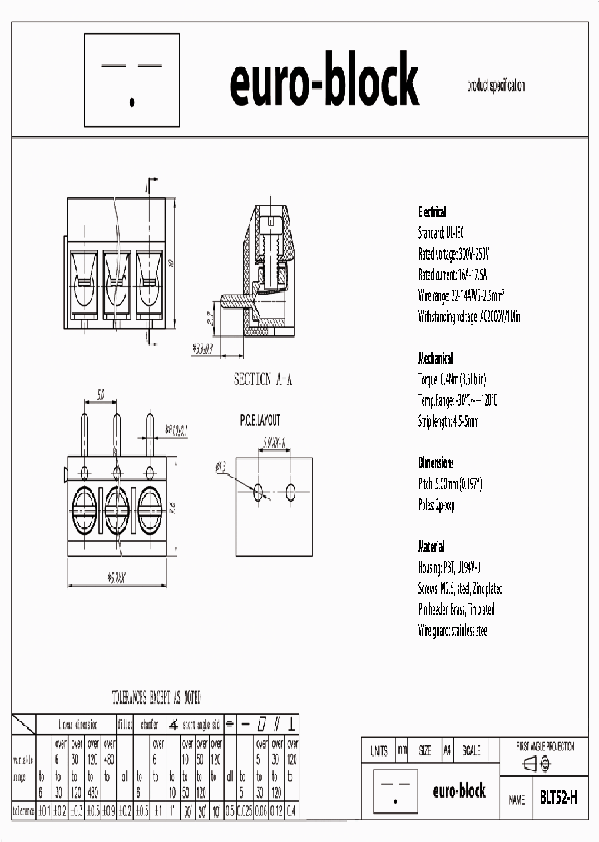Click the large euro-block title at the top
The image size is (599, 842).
click(324, 82)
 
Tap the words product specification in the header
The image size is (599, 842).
click(496, 86)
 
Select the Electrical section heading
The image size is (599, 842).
click(432, 212)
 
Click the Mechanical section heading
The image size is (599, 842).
click(435, 359)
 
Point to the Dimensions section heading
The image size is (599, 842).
click(436, 463)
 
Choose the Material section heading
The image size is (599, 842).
click(432, 547)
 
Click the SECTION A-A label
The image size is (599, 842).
click(262, 379)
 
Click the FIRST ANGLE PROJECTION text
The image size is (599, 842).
click(546, 746)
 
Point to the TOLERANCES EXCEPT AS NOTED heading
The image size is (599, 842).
click(156, 696)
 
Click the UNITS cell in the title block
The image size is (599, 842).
click(379, 750)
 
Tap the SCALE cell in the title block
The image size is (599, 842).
click(470, 750)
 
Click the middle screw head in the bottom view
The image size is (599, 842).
click(117, 507)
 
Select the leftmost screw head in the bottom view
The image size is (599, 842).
click(85, 507)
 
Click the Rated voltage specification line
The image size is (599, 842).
click(454, 254)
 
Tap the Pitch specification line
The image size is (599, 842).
click(450, 484)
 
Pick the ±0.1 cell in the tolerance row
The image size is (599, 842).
click(44, 810)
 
